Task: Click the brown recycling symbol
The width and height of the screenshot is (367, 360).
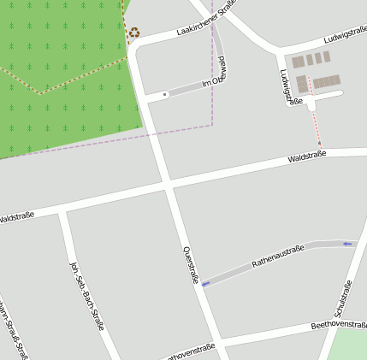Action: click(x=133, y=33)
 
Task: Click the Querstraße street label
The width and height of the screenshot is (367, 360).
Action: click(x=191, y=265)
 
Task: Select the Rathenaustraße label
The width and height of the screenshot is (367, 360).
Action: click(x=278, y=257)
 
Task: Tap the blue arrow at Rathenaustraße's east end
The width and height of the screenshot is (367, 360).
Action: click(x=346, y=245)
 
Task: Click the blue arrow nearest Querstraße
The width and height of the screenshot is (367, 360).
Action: click(x=205, y=282)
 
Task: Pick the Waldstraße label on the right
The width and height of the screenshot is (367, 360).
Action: click(x=307, y=158)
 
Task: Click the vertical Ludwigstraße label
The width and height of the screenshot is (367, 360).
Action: click(x=291, y=86)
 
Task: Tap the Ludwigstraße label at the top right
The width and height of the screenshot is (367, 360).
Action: click(x=346, y=36)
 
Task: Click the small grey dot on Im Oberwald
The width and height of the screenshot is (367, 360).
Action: click(x=164, y=94)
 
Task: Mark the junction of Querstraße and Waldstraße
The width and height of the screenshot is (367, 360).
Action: click(x=168, y=184)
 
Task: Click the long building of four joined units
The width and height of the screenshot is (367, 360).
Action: click(x=327, y=82)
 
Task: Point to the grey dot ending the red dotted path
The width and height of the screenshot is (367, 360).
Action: click(x=320, y=144)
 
